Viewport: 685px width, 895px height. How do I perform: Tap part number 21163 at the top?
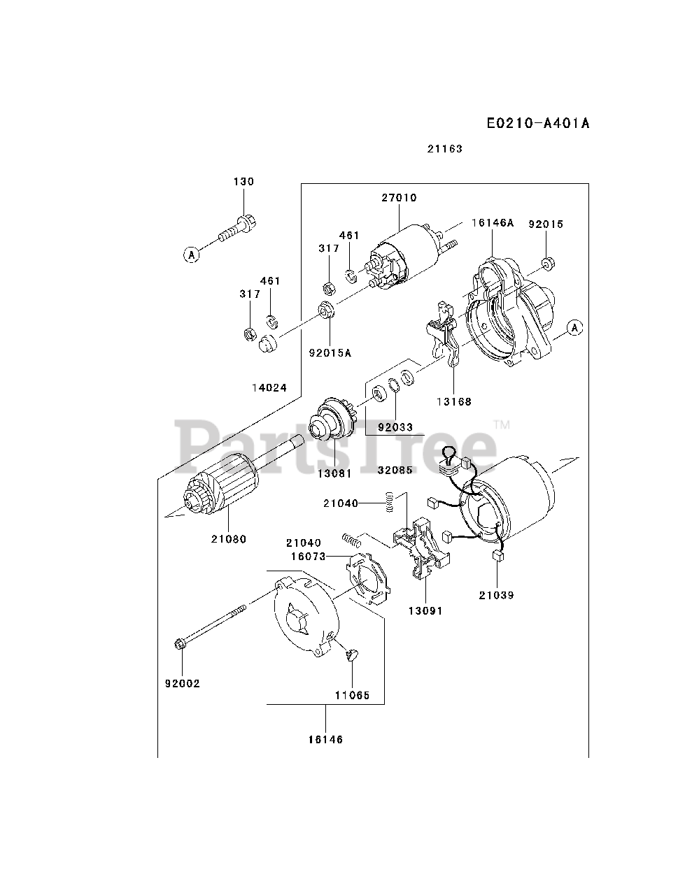[445, 149]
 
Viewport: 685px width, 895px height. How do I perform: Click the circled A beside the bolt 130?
[190, 255]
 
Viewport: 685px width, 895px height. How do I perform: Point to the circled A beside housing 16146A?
[574, 327]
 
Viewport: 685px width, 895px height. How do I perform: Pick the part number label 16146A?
[492, 223]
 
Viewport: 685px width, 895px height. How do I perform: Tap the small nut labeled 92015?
[548, 264]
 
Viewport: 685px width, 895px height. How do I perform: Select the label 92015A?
[329, 353]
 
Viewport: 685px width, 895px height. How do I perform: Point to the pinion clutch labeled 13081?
[330, 422]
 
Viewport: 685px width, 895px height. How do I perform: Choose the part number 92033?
[395, 427]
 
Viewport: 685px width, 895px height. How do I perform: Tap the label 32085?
[395, 471]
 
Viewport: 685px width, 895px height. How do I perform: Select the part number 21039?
[496, 596]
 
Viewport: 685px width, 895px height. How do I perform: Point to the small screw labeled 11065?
[352, 655]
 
